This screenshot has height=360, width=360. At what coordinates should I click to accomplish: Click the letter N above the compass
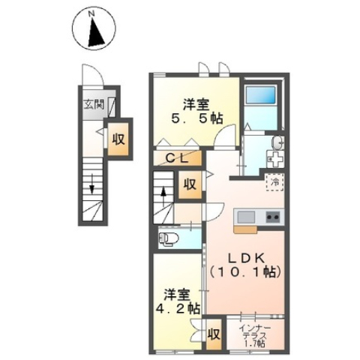(x=92, y=13)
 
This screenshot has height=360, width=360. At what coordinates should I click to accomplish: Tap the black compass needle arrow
(x=95, y=31)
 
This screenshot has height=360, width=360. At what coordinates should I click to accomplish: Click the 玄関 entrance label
(x=94, y=104)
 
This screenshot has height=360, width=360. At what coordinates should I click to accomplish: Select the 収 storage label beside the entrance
(x=118, y=139)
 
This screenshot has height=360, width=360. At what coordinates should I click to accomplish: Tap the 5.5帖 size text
(x=196, y=118)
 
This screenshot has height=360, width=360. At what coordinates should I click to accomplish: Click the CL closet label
(x=177, y=158)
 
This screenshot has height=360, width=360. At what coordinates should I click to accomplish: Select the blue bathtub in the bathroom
(x=261, y=94)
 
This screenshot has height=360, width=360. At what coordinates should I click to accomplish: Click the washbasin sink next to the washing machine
(x=277, y=142)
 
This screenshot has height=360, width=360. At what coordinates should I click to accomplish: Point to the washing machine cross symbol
(x=276, y=159)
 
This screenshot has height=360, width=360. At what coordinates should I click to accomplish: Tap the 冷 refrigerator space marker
(x=274, y=182)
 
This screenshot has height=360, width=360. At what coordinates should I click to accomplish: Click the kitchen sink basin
(x=246, y=217)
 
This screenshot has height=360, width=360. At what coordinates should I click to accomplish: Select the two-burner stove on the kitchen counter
(x=273, y=217)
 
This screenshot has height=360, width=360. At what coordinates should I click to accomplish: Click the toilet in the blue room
(x=168, y=238)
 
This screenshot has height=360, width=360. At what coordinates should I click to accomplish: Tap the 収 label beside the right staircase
(x=190, y=184)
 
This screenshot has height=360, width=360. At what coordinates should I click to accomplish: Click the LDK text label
(x=245, y=259)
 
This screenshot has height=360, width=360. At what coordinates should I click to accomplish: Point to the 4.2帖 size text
(x=178, y=308)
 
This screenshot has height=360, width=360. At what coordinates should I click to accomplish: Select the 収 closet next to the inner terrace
(x=214, y=334)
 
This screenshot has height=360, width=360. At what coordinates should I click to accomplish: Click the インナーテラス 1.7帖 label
(x=255, y=336)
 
